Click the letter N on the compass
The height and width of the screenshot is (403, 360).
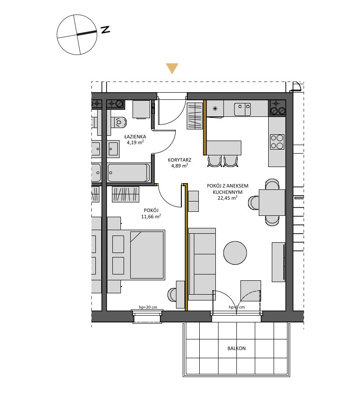coord(105,30)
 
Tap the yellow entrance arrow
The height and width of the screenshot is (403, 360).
coord(172,68)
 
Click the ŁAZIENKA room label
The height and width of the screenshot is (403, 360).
coord(135,137)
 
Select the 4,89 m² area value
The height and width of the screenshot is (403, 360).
coord(180,166)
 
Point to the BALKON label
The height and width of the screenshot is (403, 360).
coord(236,348)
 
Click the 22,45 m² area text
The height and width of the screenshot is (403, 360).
coord(227,197)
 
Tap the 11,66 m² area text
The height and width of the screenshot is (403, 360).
coord(151,216)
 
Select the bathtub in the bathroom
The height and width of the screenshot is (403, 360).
coord(129,173)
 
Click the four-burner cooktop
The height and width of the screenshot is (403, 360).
coord(277,141)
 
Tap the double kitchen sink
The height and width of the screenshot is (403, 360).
coord(242,109)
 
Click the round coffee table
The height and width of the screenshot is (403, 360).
coord(235,253)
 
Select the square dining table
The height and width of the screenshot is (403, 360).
coord(272,202)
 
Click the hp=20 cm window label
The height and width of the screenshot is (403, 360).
coord(148,307)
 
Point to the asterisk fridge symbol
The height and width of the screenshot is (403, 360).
coord(215,109)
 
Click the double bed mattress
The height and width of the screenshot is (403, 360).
coord(147,255)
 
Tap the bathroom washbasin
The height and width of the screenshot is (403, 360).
coord(113,149)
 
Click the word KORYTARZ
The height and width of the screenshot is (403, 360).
coord(180,160)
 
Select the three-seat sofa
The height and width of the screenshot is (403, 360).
coord(201,264)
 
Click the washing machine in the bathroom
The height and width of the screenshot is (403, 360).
coord(141,109)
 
